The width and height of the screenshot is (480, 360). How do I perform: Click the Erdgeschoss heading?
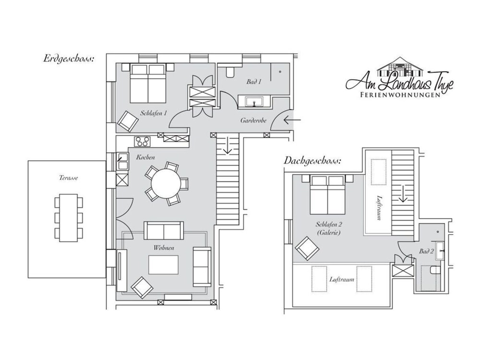[x=68, y=59]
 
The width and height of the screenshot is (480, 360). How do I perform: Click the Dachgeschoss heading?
[x=312, y=160]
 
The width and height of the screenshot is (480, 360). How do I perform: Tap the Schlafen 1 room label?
[x=154, y=113]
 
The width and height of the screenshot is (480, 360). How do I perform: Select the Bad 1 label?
[x=254, y=82]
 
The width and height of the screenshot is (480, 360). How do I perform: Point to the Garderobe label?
[x=253, y=120]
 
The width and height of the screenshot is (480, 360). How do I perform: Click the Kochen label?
[x=145, y=157]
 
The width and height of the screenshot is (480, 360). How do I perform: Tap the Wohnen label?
[x=164, y=248]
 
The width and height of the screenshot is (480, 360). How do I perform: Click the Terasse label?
[x=68, y=178]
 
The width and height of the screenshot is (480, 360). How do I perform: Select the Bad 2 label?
[x=426, y=252]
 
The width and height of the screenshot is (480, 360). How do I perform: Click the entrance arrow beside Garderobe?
[x=292, y=120]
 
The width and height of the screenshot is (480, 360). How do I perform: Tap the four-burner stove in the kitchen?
[x=143, y=142]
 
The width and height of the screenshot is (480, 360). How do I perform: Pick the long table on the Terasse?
[x=69, y=217]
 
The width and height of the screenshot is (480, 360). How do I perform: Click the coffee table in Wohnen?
[x=164, y=265]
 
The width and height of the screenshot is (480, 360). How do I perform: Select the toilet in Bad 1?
[x=230, y=72]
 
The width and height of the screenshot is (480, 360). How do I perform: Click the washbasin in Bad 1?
[x=254, y=101]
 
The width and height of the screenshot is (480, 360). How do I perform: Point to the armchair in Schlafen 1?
[x=128, y=120]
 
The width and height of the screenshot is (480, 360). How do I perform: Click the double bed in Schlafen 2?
[x=328, y=195]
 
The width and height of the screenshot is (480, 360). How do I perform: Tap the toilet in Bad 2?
[x=435, y=270]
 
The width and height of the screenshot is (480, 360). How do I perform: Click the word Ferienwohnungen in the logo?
[x=400, y=95]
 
